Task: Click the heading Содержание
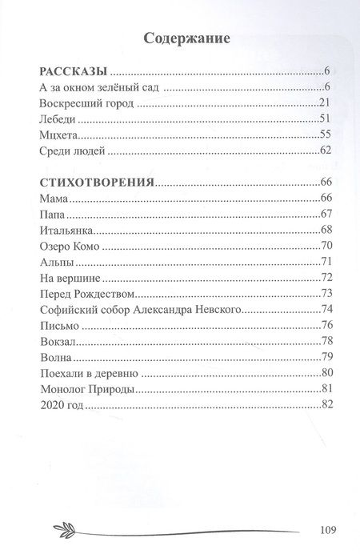tap(186, 37)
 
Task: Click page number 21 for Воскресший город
tap(324, 103)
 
